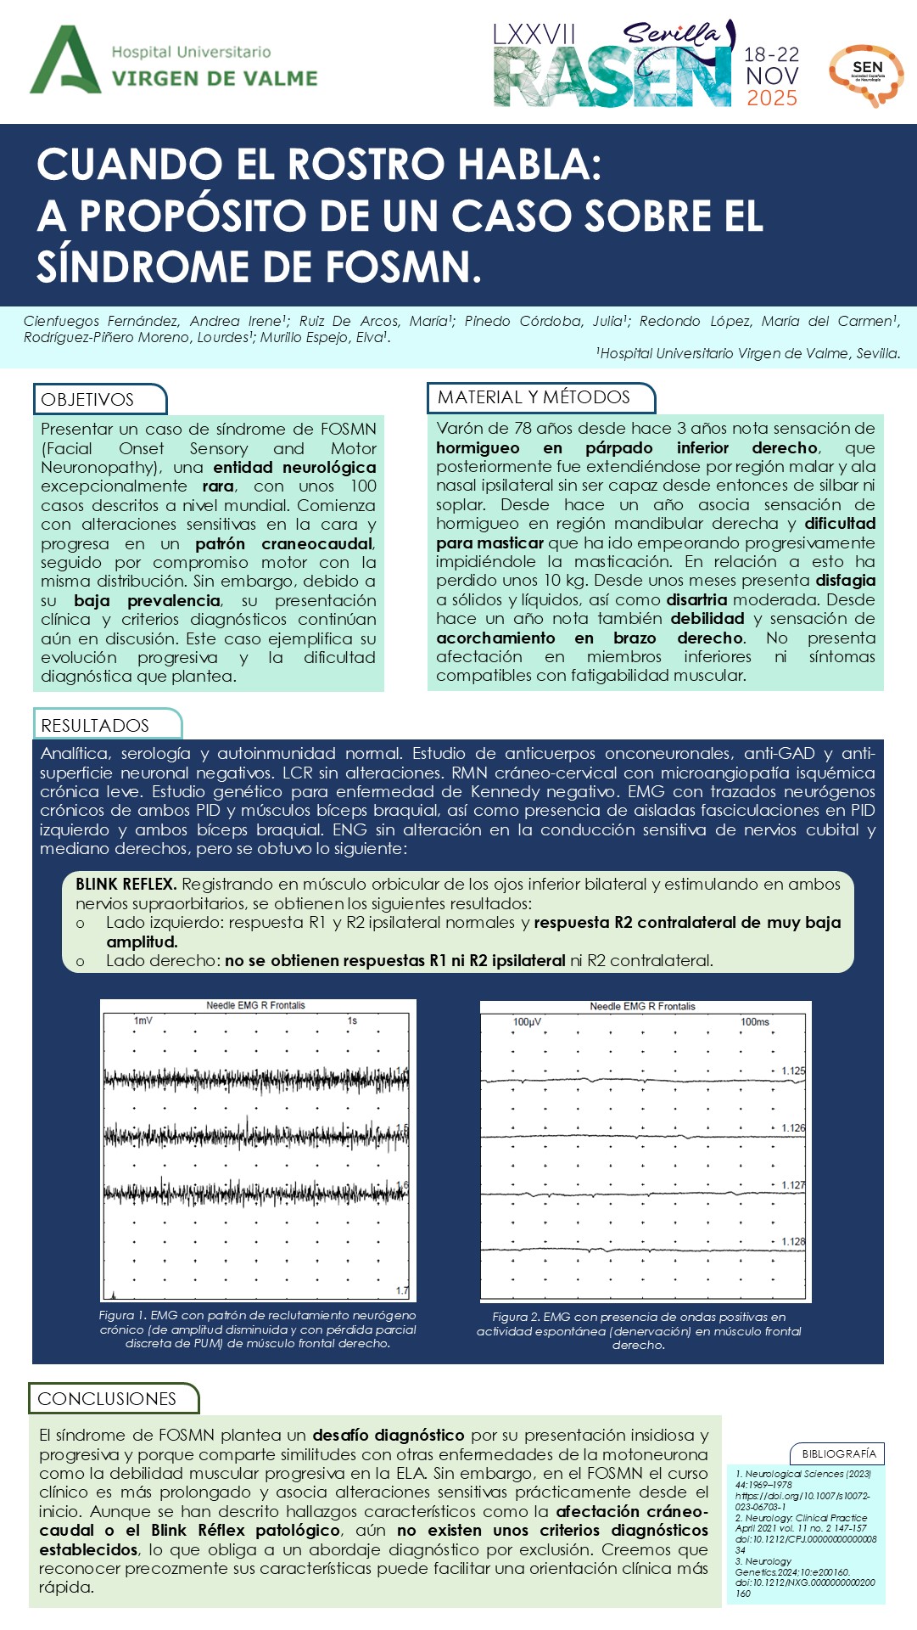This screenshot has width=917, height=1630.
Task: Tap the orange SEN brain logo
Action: tap(866, 75)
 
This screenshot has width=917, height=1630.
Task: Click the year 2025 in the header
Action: tap(771, 98)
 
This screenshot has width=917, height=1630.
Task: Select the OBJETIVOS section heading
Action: tap(88, 400)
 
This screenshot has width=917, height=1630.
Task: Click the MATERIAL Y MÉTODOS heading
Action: tap(534, 397)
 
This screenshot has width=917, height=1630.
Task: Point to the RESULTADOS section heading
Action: tap(95, 725)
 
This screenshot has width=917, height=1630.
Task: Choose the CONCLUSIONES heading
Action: tap(107, 1398)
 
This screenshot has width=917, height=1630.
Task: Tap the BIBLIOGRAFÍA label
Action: tap(838, 1453)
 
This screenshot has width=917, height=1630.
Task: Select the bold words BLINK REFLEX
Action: tap(126, 884)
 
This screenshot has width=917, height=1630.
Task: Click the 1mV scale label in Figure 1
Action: tap(143, 1020)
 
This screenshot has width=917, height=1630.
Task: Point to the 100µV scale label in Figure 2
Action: tap(527, 1022)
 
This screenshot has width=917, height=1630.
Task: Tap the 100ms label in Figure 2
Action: tap(754, 1022)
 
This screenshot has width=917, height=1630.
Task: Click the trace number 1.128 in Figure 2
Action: tap(793, 1242)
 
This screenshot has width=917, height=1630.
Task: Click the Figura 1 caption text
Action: tap(258, 1329)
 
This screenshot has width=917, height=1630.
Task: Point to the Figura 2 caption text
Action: tap(639, 1331)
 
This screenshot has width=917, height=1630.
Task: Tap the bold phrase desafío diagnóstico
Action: tap(389, 1435)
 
